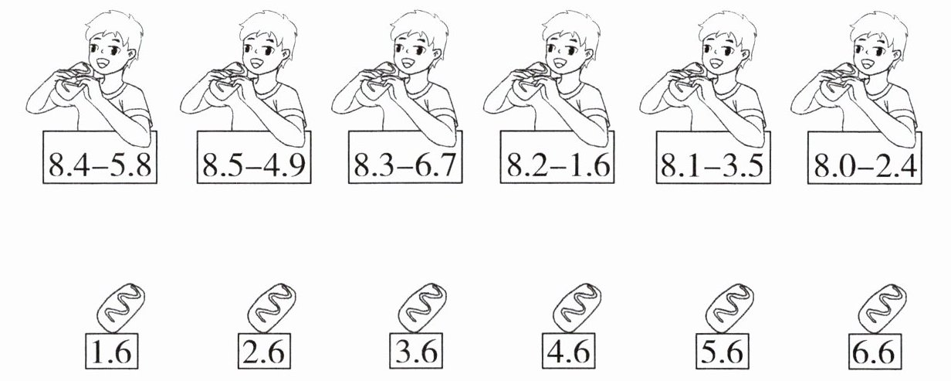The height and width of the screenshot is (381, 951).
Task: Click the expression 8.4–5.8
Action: [100, 165]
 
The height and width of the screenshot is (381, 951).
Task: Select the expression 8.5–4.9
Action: [253, 165]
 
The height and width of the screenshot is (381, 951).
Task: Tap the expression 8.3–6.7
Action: [405, 165]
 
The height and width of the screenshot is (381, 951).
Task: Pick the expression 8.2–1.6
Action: [558, 165]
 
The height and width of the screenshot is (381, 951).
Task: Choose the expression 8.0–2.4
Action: [865, 165]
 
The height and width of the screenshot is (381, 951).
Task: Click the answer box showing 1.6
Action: [112, 351]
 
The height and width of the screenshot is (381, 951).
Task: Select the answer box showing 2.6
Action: [264, 351]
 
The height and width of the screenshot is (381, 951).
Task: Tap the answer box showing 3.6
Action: [416, 351]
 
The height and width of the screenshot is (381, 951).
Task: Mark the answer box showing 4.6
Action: [568, 351]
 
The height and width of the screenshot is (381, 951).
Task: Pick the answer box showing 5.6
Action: [723, 351]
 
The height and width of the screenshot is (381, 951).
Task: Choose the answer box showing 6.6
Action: [875, 351]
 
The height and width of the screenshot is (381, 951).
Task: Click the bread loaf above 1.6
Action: [121, 308]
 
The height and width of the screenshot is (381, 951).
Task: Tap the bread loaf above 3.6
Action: [422, 308]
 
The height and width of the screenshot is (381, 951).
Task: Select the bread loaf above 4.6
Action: [577, 308]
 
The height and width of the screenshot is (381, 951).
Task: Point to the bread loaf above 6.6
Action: [882, 308]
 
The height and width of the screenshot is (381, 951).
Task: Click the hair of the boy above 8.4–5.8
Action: [114, 30]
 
